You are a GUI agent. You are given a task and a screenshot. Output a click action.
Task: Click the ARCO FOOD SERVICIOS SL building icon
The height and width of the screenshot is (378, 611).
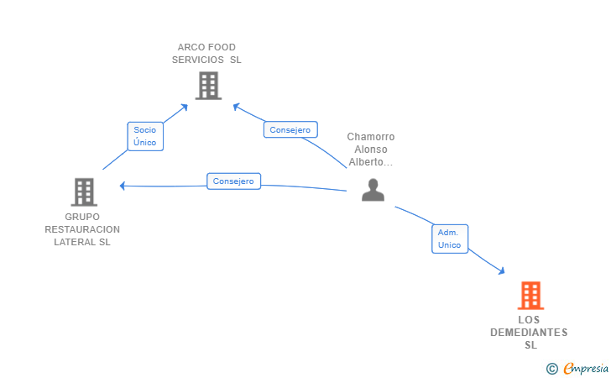click(x=208, y=86)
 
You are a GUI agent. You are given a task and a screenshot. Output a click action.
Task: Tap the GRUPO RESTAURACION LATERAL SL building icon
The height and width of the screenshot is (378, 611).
click(x=84, y=192)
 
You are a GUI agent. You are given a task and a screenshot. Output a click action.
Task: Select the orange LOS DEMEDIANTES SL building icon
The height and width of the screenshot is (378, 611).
click(x=530, y=296)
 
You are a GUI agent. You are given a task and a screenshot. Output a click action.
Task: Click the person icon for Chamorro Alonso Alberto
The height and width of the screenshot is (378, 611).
click(x=373, y=190)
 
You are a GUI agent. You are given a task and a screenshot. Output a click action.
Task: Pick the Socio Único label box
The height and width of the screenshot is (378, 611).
click(x=145, y=136)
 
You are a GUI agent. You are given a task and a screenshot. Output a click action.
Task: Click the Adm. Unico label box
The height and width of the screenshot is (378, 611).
click(x=450, y=239)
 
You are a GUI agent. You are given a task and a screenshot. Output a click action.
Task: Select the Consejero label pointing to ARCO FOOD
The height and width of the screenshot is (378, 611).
click(x=290, y=129)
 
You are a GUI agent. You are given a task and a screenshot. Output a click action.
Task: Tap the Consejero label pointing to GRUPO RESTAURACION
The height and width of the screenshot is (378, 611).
click(x=233, y=181)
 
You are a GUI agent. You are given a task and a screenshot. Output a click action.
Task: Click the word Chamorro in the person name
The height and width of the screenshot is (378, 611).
click(x=371, y=137)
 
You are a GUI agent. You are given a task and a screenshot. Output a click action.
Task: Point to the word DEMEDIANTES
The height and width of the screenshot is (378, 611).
click(x=529, y=333)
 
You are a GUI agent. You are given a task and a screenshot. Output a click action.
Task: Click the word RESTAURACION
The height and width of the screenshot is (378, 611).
click(x=82, y=229)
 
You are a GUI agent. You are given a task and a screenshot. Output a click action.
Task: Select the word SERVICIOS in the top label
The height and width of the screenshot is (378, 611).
click(x=198, y=60)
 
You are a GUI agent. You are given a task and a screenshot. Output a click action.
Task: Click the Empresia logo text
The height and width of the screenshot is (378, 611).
click(x=586, y=368)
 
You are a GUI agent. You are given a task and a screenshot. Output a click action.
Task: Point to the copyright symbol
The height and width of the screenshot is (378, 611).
click(x=551, y=369)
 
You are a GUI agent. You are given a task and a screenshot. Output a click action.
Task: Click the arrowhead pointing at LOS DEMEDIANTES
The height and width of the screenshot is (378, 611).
click(x=502, y=271)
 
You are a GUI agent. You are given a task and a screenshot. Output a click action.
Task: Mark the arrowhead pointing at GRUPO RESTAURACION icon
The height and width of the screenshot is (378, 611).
click(x=123, y=186)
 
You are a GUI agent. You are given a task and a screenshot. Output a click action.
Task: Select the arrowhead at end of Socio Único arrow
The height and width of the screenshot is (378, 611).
click(x=185, y=107)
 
